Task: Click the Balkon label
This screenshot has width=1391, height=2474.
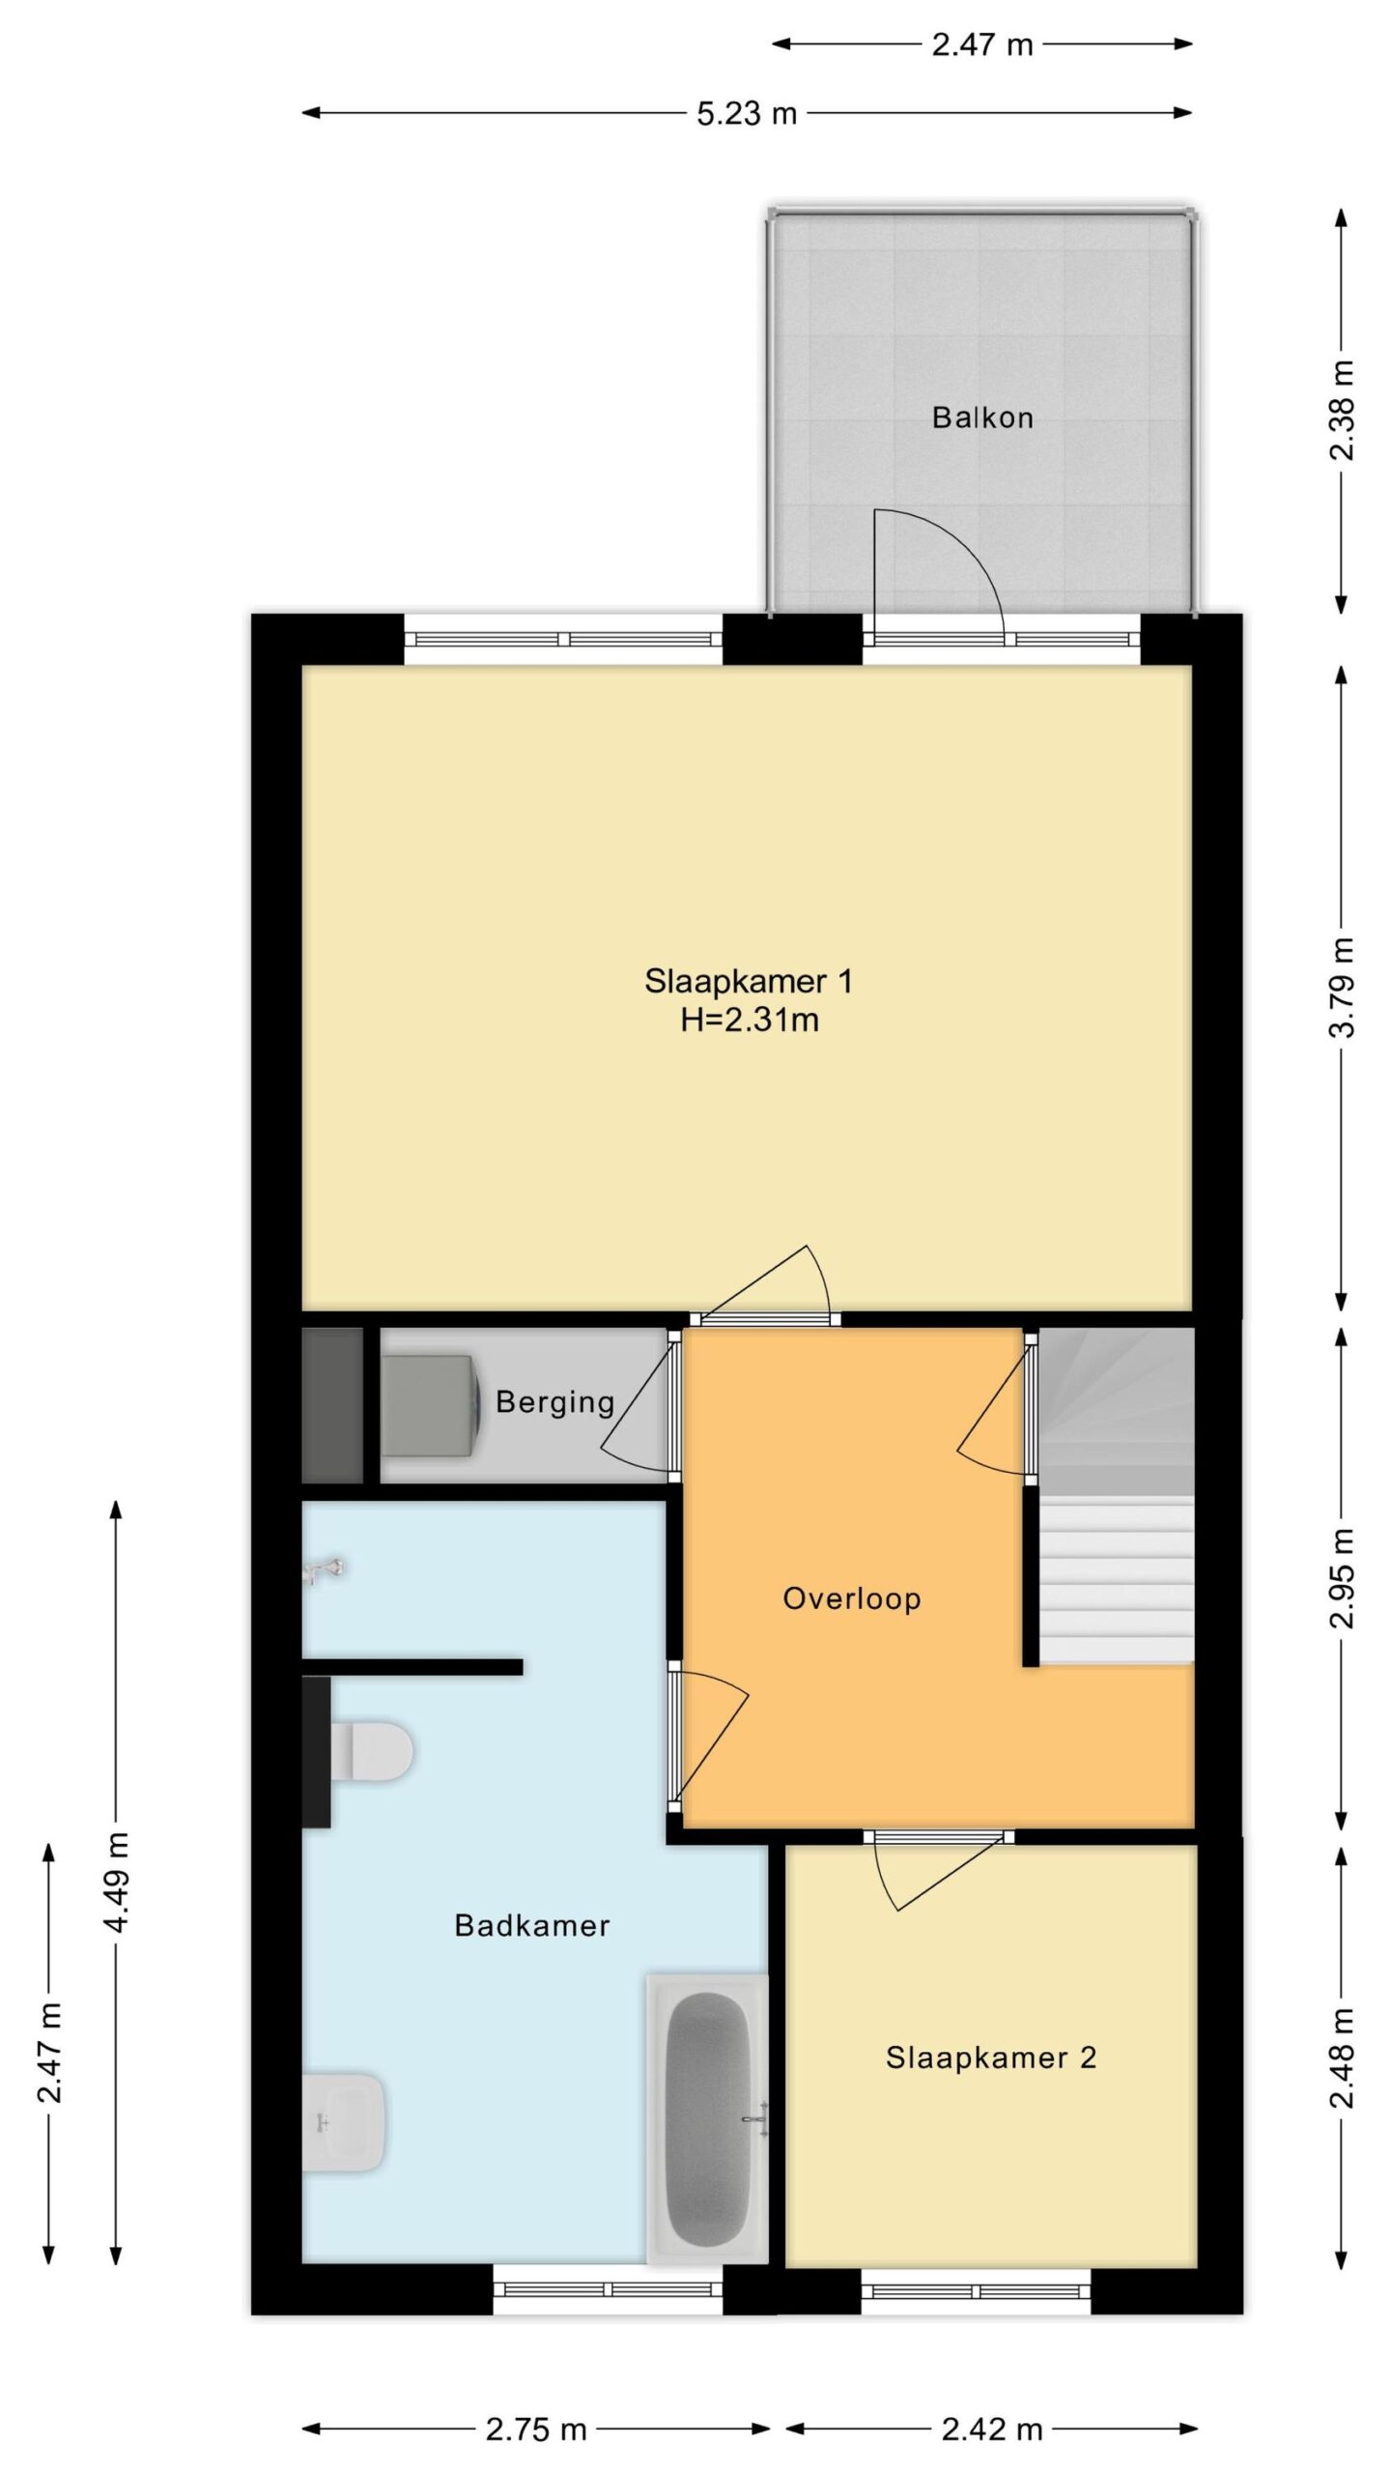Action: pyautogui.click(x=982, y=417)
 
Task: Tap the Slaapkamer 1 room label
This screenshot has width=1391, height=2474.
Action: pyautogui.click(x=749, y=981)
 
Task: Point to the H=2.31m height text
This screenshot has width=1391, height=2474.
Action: pyautogui.click(x=750, y=1020)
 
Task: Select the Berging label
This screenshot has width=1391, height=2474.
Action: pyautogui.click(x=555, y=1402)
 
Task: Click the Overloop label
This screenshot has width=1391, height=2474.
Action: pyautogui.click(x=852, y=1598)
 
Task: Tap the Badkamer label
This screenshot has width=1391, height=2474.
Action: pyautogui.click(x=532, y=1925)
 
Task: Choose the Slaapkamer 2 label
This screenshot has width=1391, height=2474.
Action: pyautogui.click(x=991, y=2057)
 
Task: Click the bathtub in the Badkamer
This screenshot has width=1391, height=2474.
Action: pyautogui.click(x=708, y=2118)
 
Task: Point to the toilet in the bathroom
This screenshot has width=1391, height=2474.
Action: pyautogui.click(x=372, y=1750)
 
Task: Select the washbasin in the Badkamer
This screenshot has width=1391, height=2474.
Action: pyautogui.click(x=344, y=2123)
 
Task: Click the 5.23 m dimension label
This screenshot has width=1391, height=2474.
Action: pyautogui.click(x=747, y=114)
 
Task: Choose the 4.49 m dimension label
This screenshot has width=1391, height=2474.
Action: pyautogui.click(x=116, y=1883)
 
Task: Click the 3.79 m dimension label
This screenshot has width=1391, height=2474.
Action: pyautogui.click(x=1342, y=987)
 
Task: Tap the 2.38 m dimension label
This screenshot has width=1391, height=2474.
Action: pyautogui.click(x=1342, y=411)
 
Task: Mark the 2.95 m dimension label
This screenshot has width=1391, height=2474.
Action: pyautogui.click(x=1342, y=1578)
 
